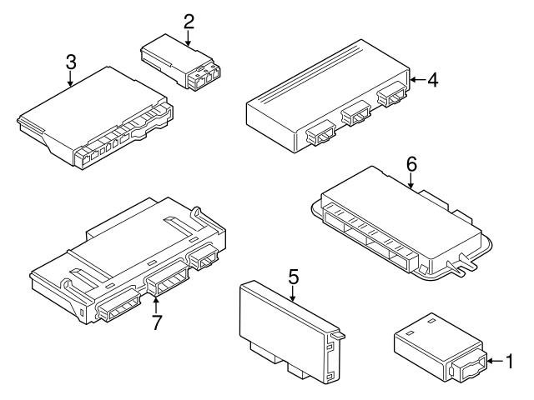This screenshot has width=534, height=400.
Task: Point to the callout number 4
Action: click(432, 81)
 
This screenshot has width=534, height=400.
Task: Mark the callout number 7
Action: click(155, 322)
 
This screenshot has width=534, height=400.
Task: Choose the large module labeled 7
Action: click(125, 258)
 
